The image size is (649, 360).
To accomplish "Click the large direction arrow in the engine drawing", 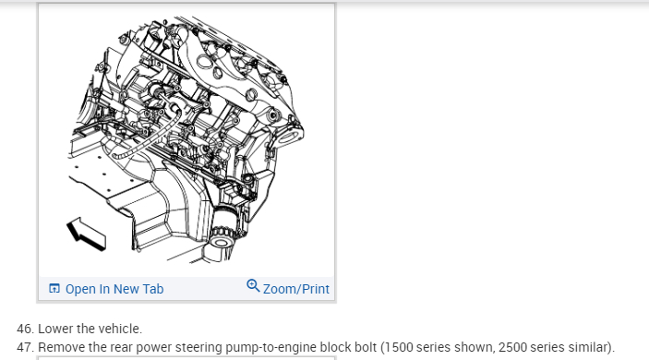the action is (87, 234).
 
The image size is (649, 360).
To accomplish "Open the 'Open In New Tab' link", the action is (114, 289).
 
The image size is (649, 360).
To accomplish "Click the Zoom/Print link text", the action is (296, 289).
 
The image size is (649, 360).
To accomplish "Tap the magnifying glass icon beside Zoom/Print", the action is (253, 285).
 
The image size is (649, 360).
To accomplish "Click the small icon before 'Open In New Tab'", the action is (54, 288).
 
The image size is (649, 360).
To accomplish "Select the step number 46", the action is (25, 329).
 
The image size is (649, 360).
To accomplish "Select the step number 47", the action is (25, 347).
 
